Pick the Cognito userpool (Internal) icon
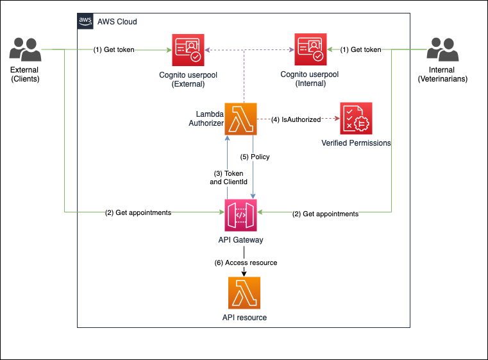[x=310, y=50]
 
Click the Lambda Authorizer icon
[x=240, y=119]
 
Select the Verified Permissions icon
[x=356, y=119]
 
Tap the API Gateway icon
[x=240, y=214]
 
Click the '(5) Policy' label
[x=255, y=157]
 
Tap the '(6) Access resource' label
[x=246, y=262]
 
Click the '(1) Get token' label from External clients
[x=114, y=49]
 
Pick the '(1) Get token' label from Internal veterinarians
[x=360, y=49]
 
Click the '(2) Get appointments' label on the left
[x=138, y=213]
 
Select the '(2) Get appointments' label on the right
[x=326, y=213]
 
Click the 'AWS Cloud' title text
[x=117, y=22]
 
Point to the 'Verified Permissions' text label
[x=356, y=143]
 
